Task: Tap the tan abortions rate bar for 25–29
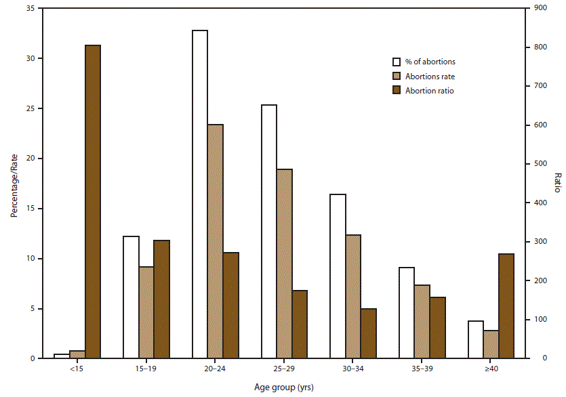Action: tap(284, 264)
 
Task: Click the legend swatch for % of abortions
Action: tap(398, 62)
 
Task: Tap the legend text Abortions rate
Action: tap(430, 76)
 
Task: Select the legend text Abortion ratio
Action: tap(430, 90)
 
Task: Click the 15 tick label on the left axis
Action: tap(31, 209)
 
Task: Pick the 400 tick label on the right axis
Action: tap(538, 203)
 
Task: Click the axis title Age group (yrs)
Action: tap(280, 388)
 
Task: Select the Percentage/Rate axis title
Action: tap(13, 184)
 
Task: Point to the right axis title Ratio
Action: tap(557, 183)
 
